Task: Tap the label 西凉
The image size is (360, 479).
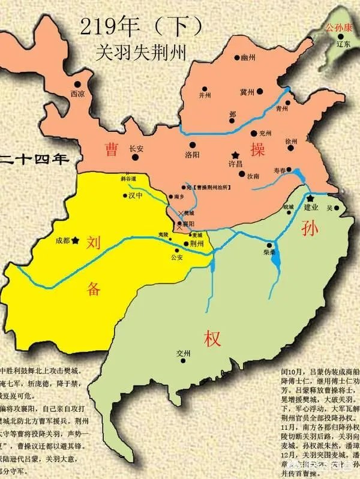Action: [77, 94]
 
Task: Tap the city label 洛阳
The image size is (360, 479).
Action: [192, 153]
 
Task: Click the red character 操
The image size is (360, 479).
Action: [258, 150]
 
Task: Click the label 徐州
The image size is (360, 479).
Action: [292, 141]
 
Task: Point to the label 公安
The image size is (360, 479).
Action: [176, 257]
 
